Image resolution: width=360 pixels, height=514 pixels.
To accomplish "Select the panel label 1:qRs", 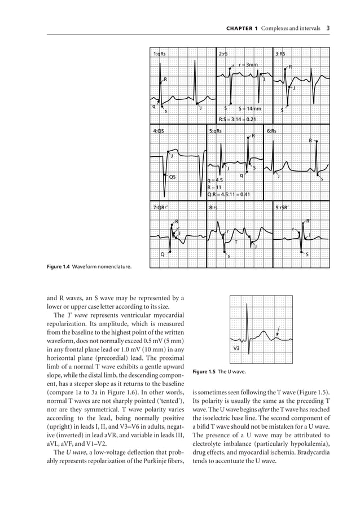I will (x=160, y=54).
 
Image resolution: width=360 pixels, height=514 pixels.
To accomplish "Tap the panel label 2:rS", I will (x=223, y=54).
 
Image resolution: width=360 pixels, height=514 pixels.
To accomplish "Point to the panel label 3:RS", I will (x=280, y=54).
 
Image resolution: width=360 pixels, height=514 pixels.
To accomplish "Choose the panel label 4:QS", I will (x=159, y=131).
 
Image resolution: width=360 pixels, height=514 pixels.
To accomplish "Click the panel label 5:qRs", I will (x=216, y=131).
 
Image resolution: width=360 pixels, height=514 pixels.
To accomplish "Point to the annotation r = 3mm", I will (x=249, y=65).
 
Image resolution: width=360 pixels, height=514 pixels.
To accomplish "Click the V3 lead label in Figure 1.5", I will (x=237, y=349).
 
